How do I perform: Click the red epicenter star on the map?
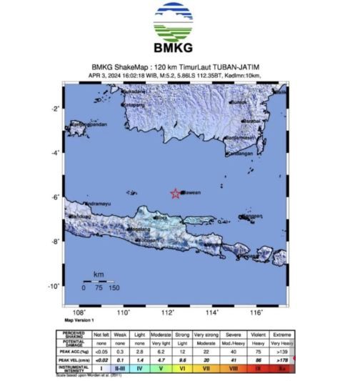tap(176, 194)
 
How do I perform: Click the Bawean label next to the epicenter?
tap(191, 192)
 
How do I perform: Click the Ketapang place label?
tap(134, 105)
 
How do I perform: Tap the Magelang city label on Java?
tap(139, 229)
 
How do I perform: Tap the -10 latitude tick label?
tap(53, 287)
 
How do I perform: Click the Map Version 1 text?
tap(80, 320)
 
